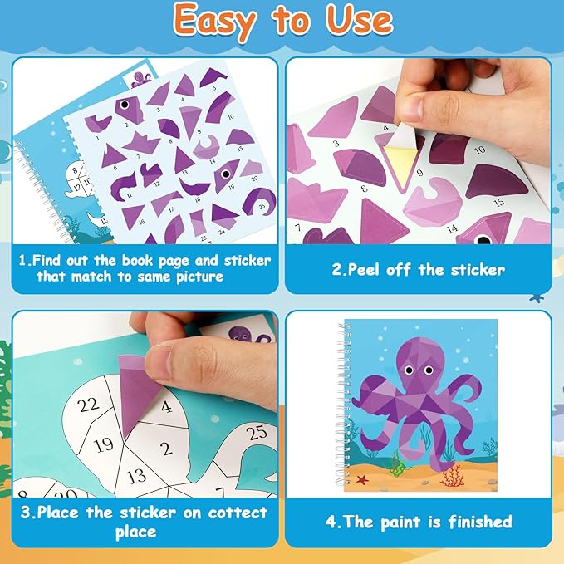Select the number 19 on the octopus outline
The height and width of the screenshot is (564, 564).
coord(103,444)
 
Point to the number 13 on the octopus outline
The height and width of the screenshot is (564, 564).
coord(137,477)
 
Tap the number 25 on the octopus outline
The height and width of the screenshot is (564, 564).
coord(257,433)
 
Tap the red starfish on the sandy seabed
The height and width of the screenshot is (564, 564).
coord(362,479)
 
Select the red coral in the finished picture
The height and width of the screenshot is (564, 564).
coord(454,475)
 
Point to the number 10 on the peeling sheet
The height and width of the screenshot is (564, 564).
coord(479,150)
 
